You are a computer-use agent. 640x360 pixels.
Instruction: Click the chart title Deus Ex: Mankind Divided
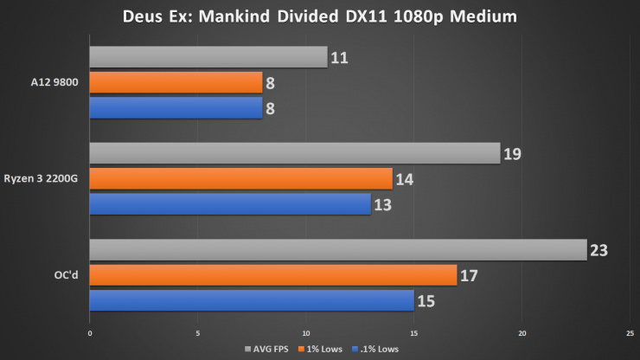click(320, 16)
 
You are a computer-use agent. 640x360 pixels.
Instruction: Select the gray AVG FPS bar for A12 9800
click(208, 57)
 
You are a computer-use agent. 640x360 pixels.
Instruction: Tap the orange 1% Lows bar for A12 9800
click(176, 82)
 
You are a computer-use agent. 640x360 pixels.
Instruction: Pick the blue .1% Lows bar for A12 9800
click(176, 107)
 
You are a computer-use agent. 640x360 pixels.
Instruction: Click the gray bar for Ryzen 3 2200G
click(294, 153)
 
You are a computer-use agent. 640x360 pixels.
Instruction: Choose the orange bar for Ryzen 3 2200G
click(240, 178)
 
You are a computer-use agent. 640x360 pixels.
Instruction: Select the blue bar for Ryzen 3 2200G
click(230, 203)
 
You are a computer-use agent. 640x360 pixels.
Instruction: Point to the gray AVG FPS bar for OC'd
click(337, 250)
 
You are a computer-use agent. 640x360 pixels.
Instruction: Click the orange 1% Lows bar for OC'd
click(272, 275)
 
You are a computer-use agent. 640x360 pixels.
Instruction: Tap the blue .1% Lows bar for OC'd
click(251, 300)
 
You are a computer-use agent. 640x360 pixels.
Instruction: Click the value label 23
click(599, 251)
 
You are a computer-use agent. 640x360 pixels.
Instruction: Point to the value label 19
click(513, 154)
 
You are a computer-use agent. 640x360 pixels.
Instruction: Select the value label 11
click(339, 58)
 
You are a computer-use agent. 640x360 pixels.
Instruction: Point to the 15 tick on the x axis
click(414, 332)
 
